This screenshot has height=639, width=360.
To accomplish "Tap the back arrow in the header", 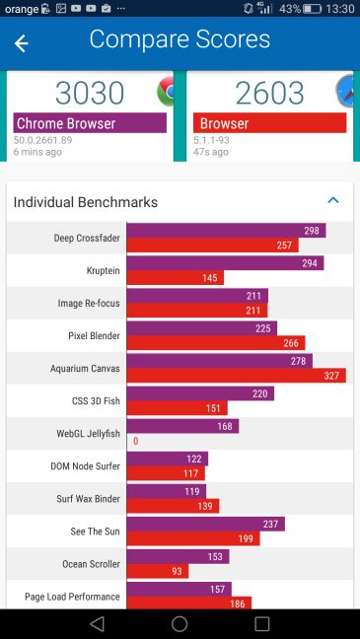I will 21,43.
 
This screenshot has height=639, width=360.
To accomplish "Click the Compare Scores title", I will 180,39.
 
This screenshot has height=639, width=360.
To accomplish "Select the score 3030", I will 90,93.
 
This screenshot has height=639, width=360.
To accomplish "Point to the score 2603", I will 268,93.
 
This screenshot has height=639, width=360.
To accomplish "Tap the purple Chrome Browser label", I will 90,123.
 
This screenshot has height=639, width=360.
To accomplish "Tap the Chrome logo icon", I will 167,92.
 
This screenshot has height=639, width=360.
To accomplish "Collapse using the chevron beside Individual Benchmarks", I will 332,200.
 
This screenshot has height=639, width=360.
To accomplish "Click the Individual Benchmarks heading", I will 85,202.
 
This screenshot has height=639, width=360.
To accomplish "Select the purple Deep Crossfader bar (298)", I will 226,231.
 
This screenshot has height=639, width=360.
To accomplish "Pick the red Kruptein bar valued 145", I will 176,278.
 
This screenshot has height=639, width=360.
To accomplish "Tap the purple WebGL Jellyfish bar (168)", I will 182,426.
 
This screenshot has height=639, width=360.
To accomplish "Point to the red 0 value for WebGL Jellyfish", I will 135,441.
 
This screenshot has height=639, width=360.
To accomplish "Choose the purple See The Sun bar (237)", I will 205,524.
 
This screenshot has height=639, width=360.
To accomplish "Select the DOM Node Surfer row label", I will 85,466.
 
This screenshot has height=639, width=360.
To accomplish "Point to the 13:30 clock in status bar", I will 338,9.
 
